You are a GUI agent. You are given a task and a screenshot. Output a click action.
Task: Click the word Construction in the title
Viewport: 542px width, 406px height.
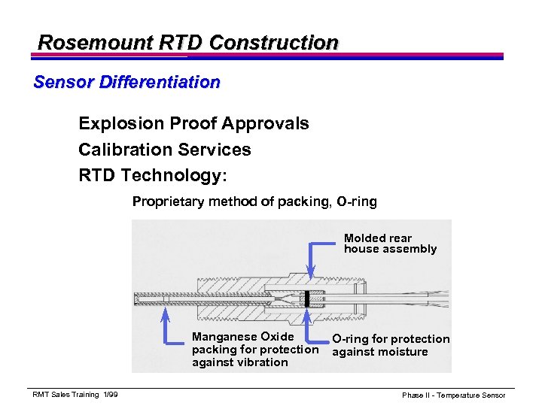pyautogui.click(x=274, y=42)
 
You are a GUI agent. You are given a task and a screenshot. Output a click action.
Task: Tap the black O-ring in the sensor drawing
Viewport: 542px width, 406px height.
pyautogui.click(x=307, y=298)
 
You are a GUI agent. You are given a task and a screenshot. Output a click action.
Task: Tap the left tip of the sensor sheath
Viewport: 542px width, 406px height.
pyautogui.click(x=135, y=298)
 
